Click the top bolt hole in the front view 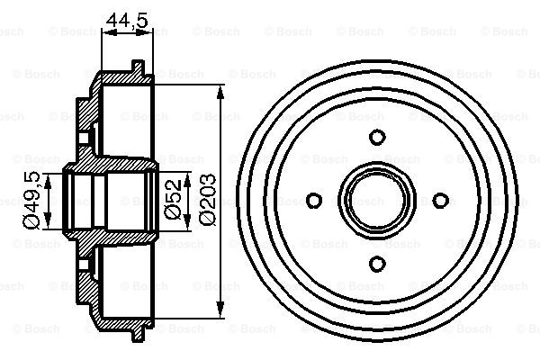pos(378,138)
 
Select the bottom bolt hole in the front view pos(378,262)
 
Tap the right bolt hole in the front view pos(440,200)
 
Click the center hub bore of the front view pos(378,200)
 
